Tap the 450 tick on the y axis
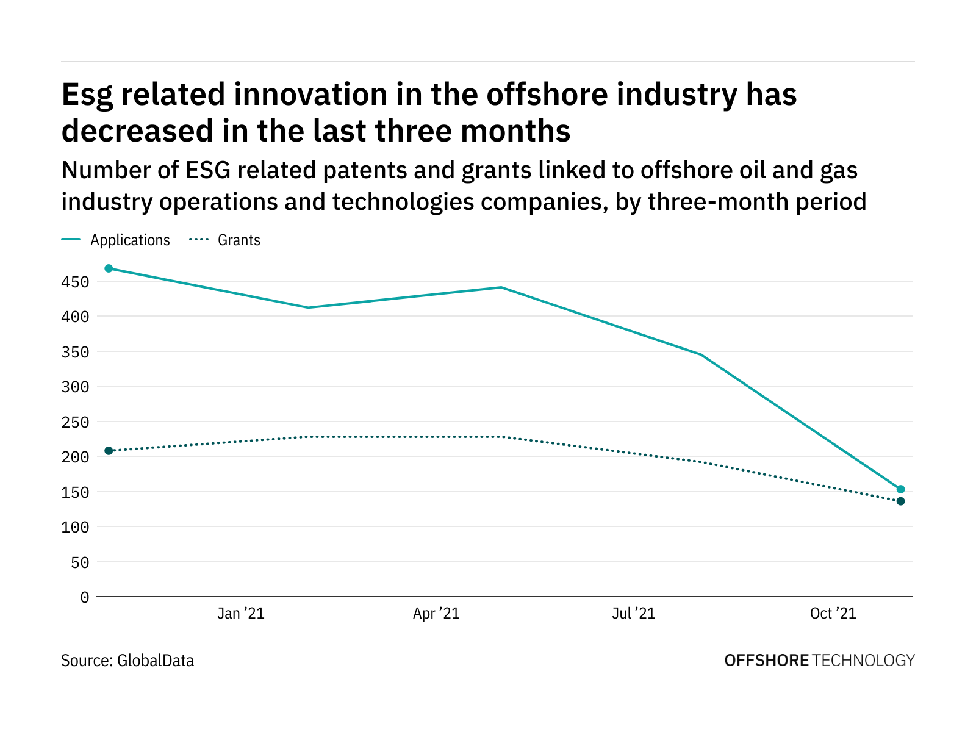point(75,282)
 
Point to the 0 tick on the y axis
point(84,598)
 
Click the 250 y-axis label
point(75,423)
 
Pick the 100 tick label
point(75,528)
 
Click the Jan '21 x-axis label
point(241,614)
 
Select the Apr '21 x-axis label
point(436,614)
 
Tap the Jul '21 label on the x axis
point(634,614)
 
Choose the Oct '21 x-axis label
point(833,614)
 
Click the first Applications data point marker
point(109,268)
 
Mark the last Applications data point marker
point(900,489)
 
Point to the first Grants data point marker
point(109,451)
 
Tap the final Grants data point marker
point(900,501)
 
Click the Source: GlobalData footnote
point(127,661)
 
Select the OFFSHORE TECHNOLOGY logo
point(819,661)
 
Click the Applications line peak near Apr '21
point(501,287)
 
